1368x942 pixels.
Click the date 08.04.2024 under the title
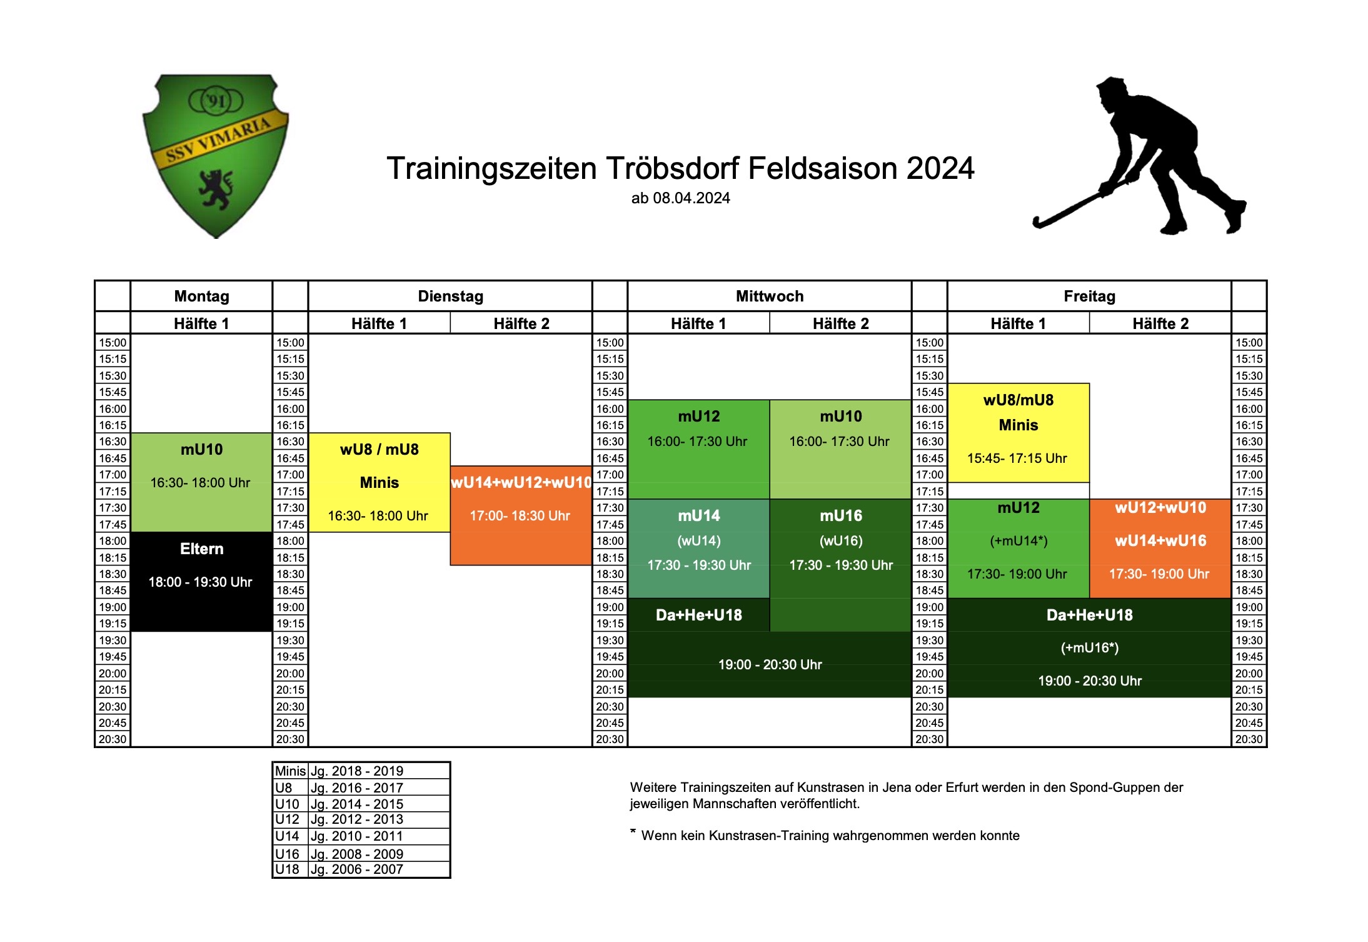692,198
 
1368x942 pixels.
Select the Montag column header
201,296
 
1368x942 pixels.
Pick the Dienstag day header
450,296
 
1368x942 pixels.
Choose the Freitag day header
1089,296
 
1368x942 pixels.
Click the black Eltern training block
201,582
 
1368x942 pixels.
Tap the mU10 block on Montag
201,482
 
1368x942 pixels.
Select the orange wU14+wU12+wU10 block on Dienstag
521,515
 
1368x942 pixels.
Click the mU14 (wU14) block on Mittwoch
698,549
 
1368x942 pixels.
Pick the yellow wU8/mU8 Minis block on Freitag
1018,433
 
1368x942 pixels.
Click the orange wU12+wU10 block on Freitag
1160,549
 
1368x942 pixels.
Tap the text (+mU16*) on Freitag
1089,648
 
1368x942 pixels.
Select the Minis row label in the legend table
290,771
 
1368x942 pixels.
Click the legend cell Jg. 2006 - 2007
357,869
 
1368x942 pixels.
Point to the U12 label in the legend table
287,819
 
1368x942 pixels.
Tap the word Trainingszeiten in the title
491,168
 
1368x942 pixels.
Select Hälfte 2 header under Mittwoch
840,323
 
